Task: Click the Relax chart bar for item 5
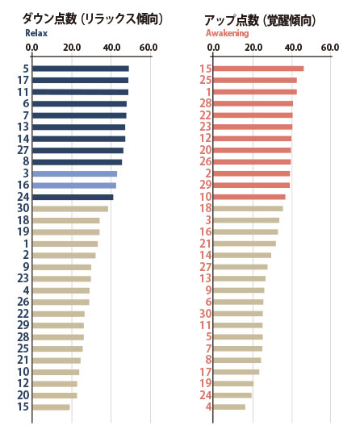pyautogui.click(x=81, y=69)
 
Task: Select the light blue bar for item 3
pyautogui.click(x=75, y=173)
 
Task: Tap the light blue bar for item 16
pyautogui.click(x=74, y=186)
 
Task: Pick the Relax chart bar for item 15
pyautogui.click(x=51, y=407)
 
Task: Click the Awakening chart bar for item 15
pyautogui.click(x=258, y=69)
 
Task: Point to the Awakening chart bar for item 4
pyautogui.click(x=229, y=407)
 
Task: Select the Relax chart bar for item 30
pyautogui.click(x=70, y=209)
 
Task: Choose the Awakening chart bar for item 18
pyautogui.click(x=248, y=209)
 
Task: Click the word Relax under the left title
pyautogui.click(x=36, y=33)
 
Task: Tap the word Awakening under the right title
pyautogui.click(x=227, y=33)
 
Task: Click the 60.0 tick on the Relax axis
pyautogui.click(x=149, y=48)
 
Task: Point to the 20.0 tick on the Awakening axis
pyautogui.click(x=253, y=48)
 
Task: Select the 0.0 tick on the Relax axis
pyautogui.click(x=31, y=48)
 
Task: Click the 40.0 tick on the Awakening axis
pyautogui.click(x=293, y=48)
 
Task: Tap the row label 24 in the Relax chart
pyautogui.click(x=23, y=197)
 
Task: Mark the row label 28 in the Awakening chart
pyautogui.click(x=205, y=103)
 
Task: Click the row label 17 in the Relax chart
pyautogui.click(x=23, y=81)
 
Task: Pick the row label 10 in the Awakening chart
pyautogui.click(x=205, y=197)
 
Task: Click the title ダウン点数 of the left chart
pyautogui.click(x=49, y=19)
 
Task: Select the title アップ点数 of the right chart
pyautogui.click(x=232, y=20)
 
